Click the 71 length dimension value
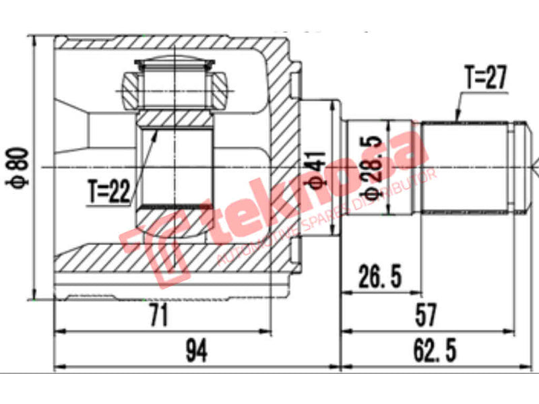[x=159, y=314]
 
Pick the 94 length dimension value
[x=195, y=350]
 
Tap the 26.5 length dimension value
[x=380, y=276]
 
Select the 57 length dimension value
[x=426, y=314]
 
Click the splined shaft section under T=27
[x=465, y=167]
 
